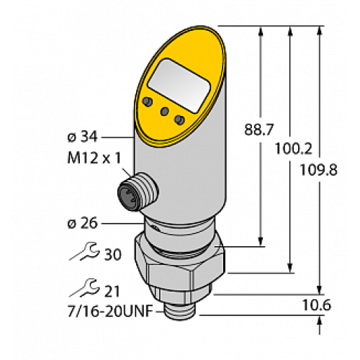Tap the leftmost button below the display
coord(149,100)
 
